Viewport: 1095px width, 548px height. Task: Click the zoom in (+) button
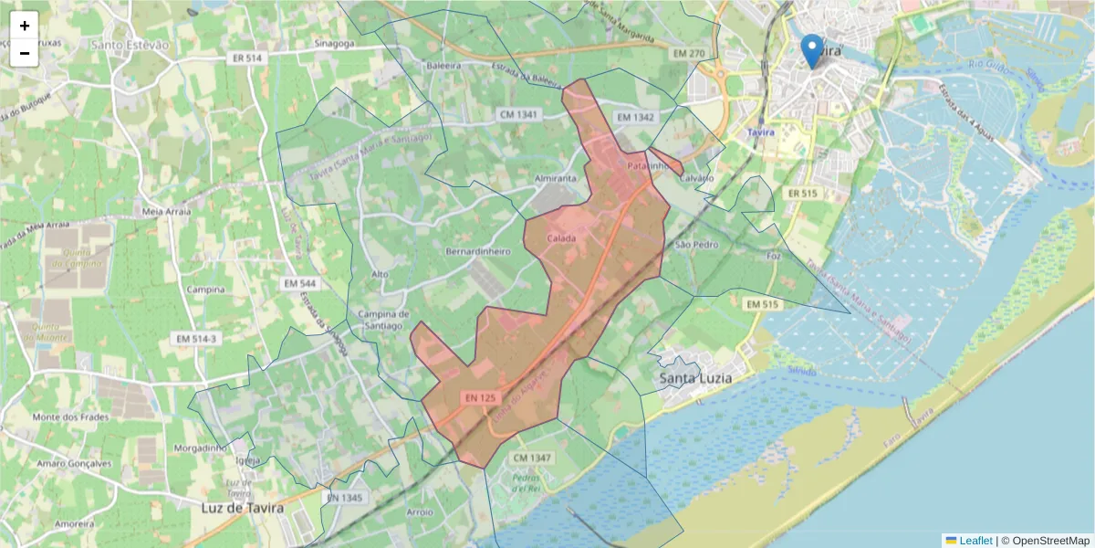pos(25,26)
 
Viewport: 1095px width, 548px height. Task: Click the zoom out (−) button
pos(25,53)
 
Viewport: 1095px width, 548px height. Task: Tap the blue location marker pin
pos(810,50)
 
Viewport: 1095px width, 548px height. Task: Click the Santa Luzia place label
pos(696,376)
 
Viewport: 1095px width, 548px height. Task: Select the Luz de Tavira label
pos(242,507)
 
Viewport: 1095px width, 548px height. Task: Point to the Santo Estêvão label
pos(130,44)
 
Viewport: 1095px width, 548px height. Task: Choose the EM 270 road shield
pos(688,54)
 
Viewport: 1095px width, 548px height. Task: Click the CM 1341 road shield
pos(519,115)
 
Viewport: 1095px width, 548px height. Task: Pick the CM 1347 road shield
pos(532,457)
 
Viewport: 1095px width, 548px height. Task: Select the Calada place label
pos(561,238)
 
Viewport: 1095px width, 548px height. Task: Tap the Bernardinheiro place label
pos(476,250)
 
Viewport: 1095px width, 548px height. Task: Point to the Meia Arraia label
pos(165,212)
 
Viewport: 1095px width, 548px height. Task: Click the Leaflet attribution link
pos(974,541)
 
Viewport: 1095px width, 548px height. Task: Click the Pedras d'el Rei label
pos(527,482)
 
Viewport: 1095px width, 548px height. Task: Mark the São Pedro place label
pos(696,245)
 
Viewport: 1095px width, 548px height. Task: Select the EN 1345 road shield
pos(343,498)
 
